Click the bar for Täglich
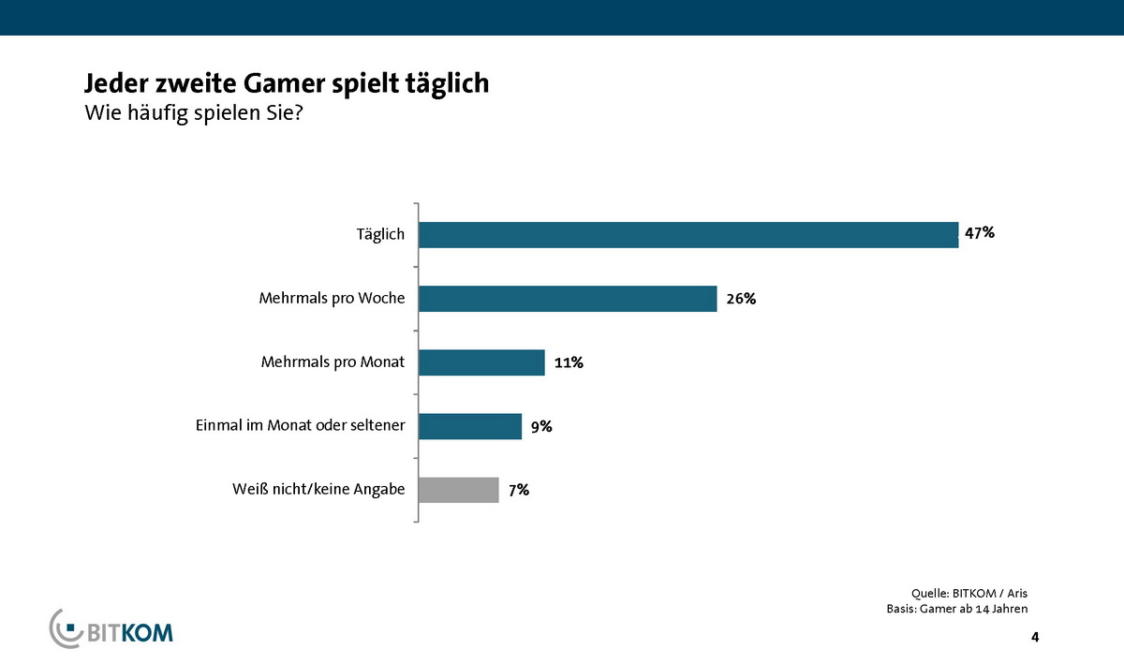tap(688, 234)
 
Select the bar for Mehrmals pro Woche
tap(568, 298)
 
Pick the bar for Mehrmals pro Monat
tap(481, 362)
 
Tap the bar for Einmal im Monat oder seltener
tap(470, 426)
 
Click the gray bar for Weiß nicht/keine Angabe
tap(459, 490)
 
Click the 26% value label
tap(739, 299)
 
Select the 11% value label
tap(569, 362)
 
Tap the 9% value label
tap(540, 426)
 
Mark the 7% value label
tap(518, 490)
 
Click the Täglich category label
tap(380, 234)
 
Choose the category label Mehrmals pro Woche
tap(332, 299)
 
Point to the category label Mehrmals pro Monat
tap(332, 362)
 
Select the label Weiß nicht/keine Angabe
tap(318, 490)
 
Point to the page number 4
tap(1034, 638)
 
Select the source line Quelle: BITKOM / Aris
tap(969, 593)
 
